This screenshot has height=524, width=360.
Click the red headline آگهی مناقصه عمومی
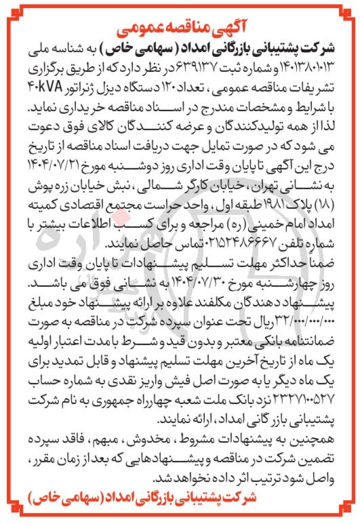(181, 30)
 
